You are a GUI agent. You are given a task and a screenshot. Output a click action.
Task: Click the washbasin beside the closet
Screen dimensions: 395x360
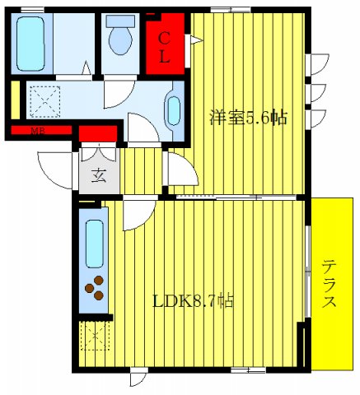point(174,109)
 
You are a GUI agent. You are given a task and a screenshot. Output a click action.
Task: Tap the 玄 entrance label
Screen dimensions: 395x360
point(98,174)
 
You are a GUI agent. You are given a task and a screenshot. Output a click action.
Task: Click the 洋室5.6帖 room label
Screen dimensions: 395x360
point(246,118)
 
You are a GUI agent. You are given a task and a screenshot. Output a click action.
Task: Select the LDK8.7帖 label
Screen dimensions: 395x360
point(193,300)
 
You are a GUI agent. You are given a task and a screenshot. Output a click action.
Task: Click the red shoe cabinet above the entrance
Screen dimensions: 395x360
point(97,132)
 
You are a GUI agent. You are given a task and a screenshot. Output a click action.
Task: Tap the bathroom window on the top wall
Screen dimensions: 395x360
point(33,9)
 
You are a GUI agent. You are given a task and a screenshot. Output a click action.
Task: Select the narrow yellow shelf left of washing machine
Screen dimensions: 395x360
point(16,100)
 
